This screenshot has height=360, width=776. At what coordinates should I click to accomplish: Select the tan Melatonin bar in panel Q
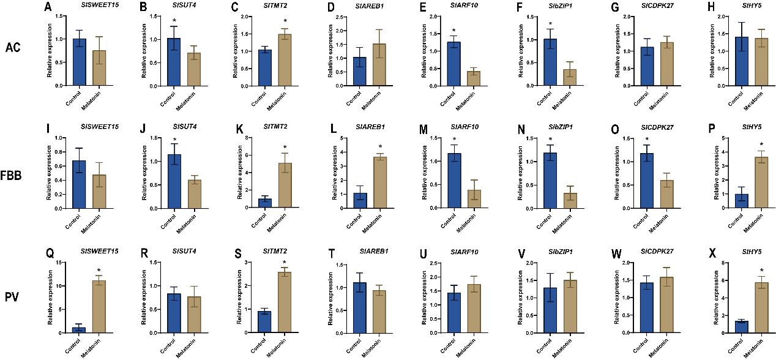click(x=99, y=307)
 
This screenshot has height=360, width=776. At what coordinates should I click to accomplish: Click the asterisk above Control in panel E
click(x=454, y=30)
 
